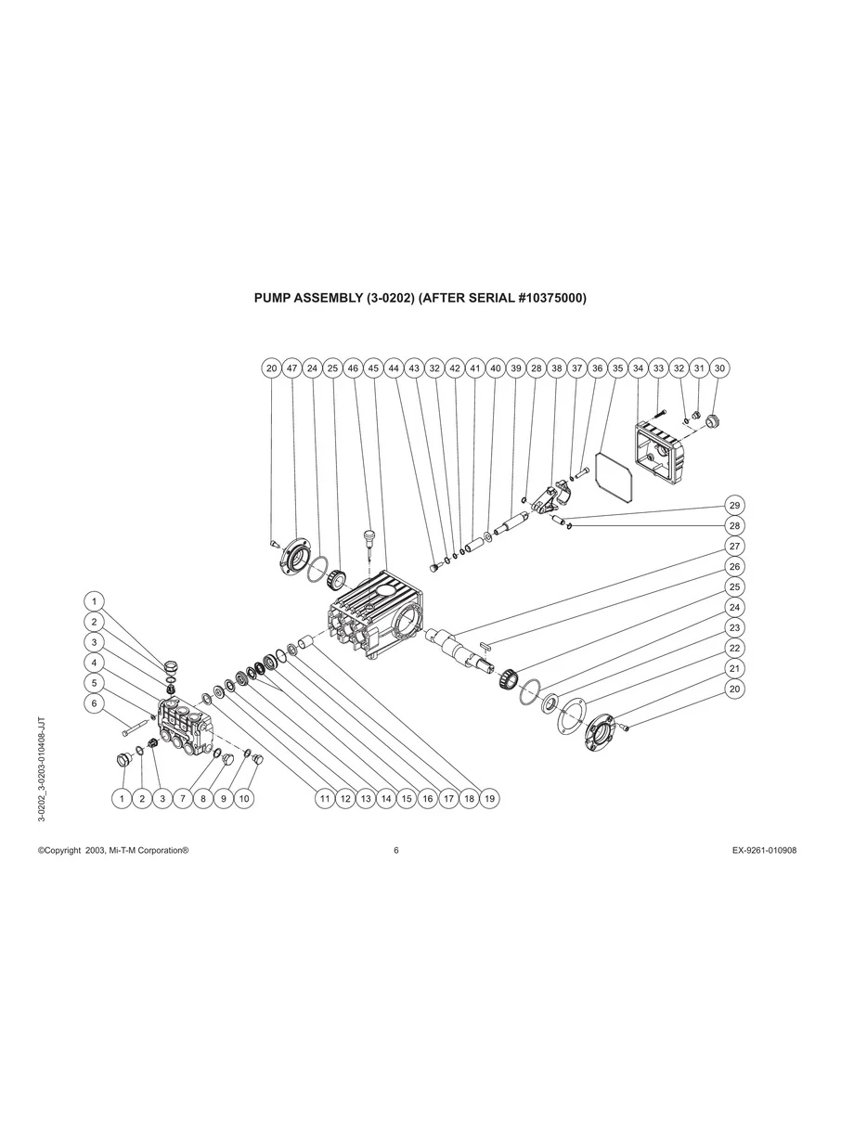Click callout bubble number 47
tap(291, 368)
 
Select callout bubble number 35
tap(617, 368)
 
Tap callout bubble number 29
tap(734, 506)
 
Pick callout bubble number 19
tap(489, 798)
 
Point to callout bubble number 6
tap(94, 703)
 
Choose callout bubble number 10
tap(243, 798)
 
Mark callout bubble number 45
tap(373, 368)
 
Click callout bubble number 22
tap(734, 648)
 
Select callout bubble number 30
tap(719, 368)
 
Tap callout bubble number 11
tap(324, 798)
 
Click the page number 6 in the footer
tap(396, 850)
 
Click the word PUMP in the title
tap(274, 299)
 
